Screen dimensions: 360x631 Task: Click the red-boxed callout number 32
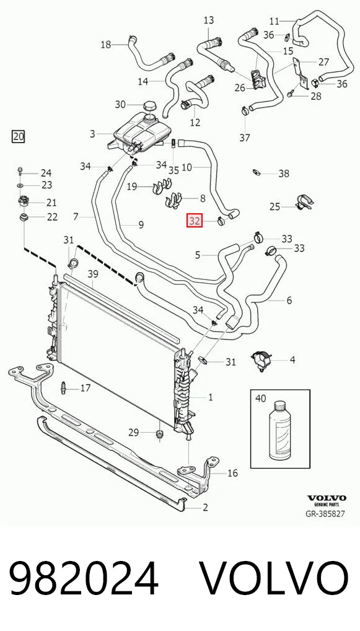[195, 221]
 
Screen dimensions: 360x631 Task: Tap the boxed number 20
[18, 136]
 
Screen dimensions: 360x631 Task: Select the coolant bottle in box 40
[280, 430]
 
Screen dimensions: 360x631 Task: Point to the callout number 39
[93, 274]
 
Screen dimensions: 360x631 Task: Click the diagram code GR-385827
[325, 514]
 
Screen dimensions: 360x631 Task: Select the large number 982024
[84, 579]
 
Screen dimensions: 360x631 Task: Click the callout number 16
[232, 473]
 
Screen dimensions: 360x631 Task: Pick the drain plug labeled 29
[160, 435]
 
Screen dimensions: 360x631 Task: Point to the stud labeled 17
[64, 388]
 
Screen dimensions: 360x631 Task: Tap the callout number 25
[274, 207]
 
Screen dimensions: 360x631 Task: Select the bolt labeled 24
[20, 172]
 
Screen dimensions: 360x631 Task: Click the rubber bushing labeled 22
[25, 218]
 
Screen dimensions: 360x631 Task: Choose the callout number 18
[106, 44]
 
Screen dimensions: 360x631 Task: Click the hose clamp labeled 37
[244, 110]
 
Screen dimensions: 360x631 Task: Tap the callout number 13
[209, 20]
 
